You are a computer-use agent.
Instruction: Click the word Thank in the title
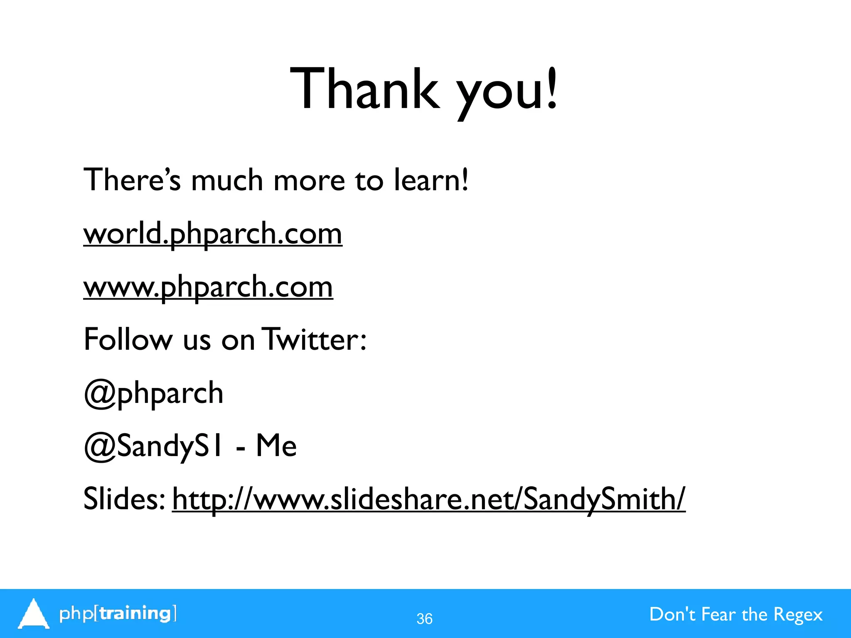point(364,89)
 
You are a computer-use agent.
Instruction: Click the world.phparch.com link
point(213,234)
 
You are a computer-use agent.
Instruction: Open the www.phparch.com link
point(208,287)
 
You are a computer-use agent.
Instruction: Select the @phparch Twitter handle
point(153,393)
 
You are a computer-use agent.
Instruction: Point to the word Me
point(276,446)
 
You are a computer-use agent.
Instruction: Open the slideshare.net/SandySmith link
point(428,499)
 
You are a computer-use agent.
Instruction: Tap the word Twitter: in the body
point(315,340)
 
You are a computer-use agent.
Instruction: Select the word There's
point(132,180)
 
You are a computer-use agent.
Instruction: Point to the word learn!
point(431,180)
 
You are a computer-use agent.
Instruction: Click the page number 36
point(424,619)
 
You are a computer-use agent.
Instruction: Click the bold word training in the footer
point(136,613)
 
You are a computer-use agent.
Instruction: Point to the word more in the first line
point(310,181)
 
